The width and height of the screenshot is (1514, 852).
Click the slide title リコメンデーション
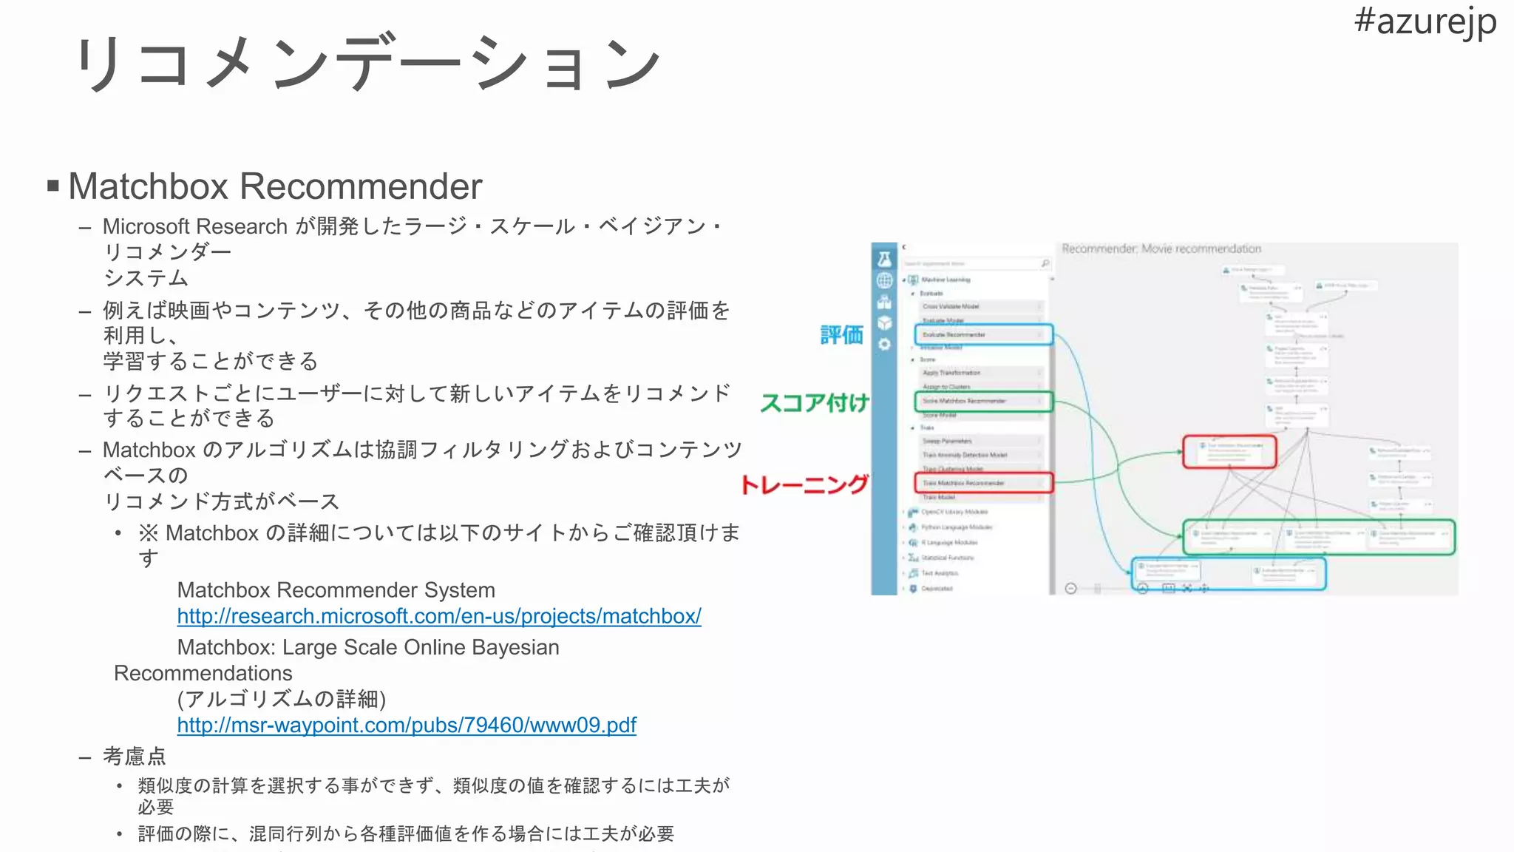367,64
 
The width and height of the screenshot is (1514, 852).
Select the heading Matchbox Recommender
275,186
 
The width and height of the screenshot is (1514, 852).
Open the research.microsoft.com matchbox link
439,616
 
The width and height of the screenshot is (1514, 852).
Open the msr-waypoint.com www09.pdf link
407,725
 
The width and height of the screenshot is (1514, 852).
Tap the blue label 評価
841,335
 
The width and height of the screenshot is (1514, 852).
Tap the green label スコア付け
814,403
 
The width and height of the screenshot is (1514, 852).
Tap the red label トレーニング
804,484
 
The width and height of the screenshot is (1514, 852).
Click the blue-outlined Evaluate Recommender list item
983,334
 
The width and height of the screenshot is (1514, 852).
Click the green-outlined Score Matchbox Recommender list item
983,401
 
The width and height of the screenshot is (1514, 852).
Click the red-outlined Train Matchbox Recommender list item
983,483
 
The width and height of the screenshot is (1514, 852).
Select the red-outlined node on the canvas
1229,451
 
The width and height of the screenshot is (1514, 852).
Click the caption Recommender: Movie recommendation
1161,248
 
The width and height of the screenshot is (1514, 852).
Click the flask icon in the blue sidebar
884,259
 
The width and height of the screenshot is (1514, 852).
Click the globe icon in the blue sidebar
884,280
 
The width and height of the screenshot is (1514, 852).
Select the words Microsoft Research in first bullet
195,226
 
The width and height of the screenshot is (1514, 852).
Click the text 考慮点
135,756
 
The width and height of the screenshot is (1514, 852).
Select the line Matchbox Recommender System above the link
336,590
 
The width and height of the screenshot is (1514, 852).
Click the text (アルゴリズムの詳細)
282,699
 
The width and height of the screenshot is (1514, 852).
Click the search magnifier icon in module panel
1045,263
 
